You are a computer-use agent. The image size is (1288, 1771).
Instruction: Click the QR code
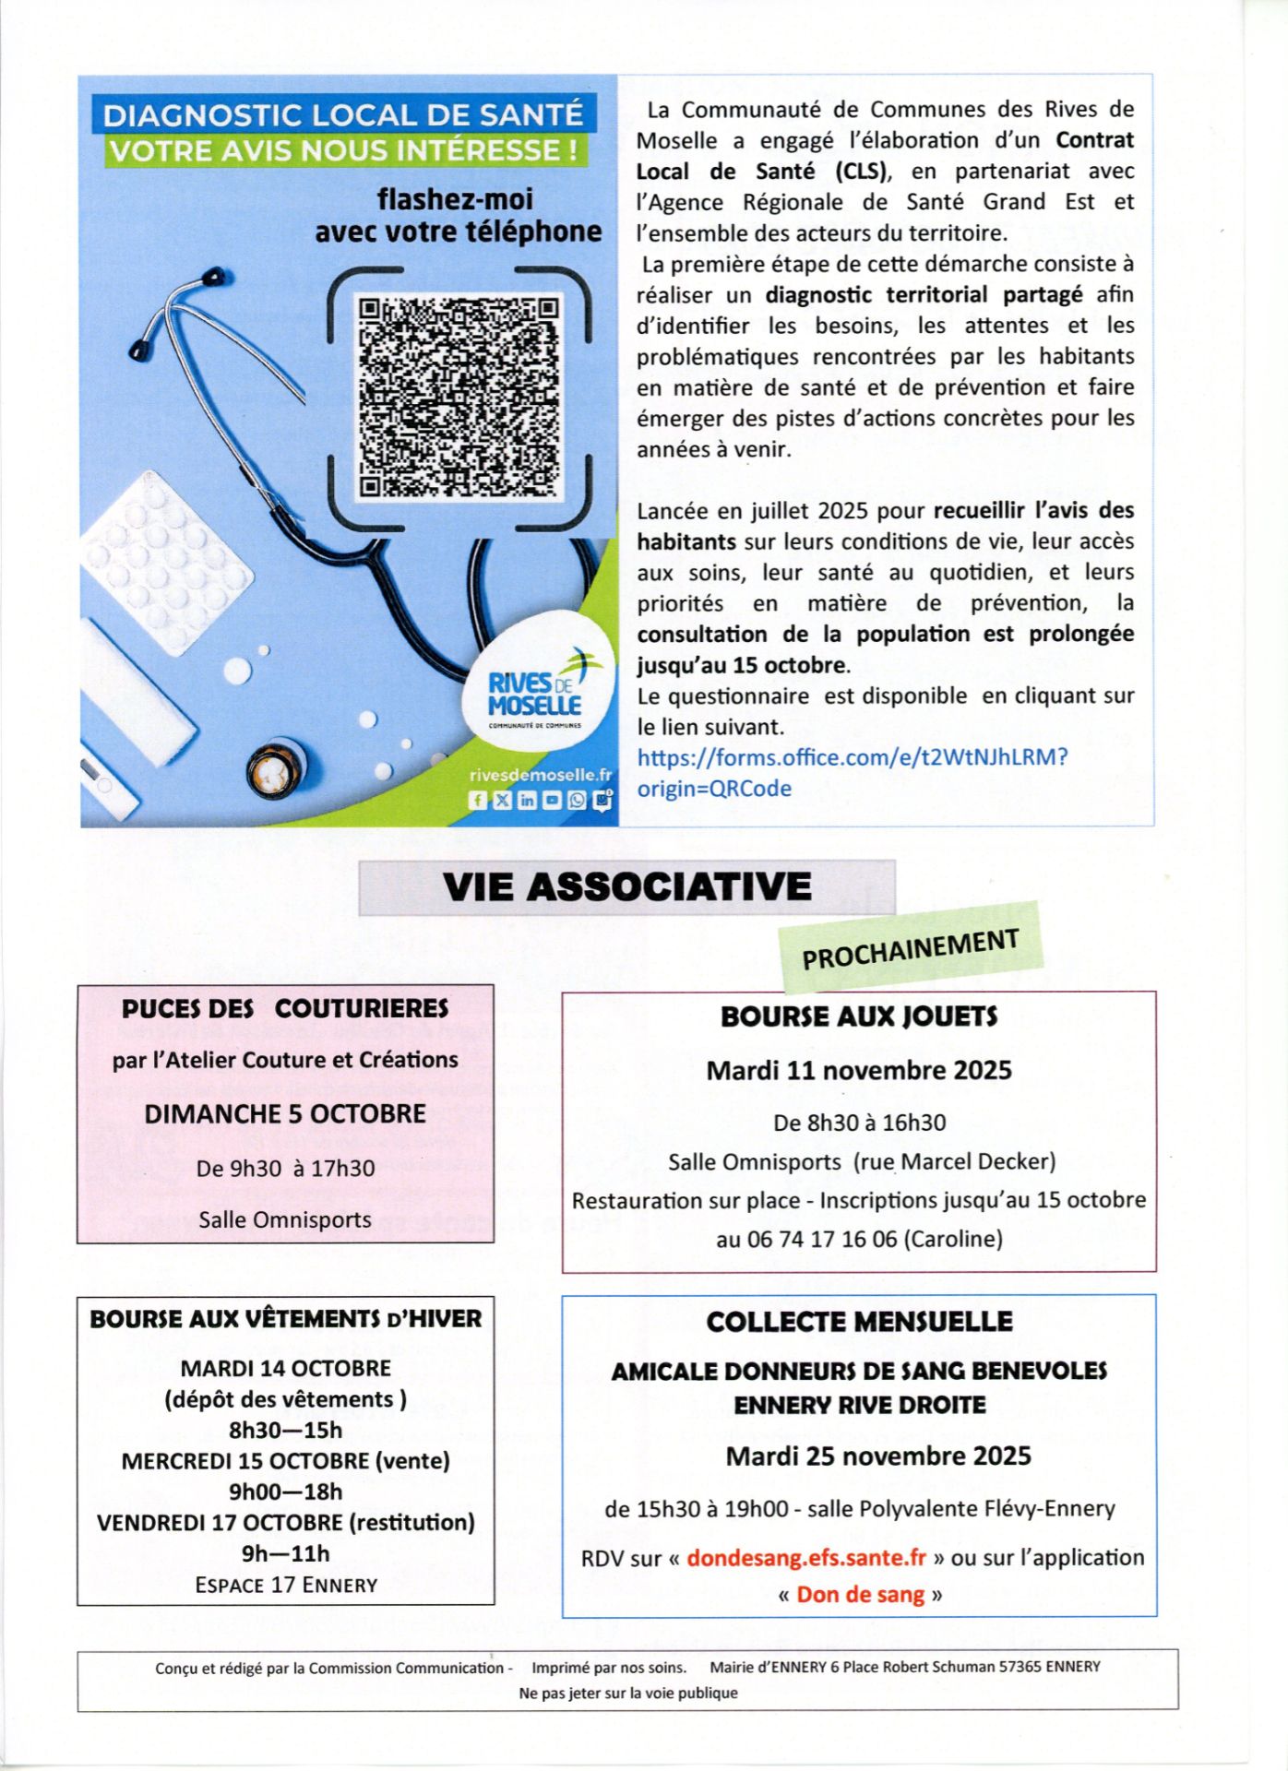click(x=459, y=398)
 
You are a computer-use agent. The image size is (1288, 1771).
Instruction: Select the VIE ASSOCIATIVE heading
click(x=626, y=886)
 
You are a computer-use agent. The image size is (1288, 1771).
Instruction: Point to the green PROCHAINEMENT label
click(x=911, y=948)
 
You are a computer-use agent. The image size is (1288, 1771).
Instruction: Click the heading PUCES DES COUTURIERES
click(x=285, y=1008)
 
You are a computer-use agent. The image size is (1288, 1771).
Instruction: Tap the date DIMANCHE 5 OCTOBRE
click(x=285, y=1113)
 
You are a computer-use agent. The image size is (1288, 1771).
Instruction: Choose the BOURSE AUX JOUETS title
click(x=859, y=1016)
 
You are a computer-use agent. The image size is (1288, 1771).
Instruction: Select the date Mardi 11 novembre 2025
click(x=859, y=1070)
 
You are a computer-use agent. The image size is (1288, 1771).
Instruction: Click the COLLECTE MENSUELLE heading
click(x=859, y=1321)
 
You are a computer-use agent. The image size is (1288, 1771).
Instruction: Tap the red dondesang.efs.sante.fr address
click(x=806, y=1557)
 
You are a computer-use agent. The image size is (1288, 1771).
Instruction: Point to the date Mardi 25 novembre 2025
click(x=877, y=1456)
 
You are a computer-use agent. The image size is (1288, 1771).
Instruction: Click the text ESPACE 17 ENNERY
click(x=286, y=1585)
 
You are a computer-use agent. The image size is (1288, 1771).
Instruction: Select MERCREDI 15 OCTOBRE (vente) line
click(x=285, y=1461)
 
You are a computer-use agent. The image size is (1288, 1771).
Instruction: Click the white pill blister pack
click(x=166, y=563)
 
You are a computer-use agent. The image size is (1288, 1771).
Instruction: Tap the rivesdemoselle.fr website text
click(x=540, y=776)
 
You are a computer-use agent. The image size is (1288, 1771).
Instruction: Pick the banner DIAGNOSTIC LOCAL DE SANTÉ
click(x=343, y=115)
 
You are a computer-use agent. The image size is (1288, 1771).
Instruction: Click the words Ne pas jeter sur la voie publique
click(x=627, y=1693)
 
